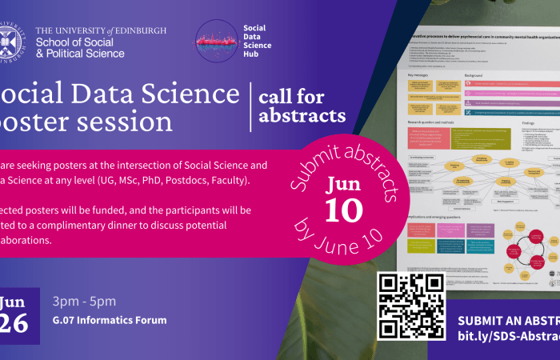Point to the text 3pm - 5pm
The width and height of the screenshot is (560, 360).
[84, 302]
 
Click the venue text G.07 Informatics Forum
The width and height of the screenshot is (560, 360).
[110, 321]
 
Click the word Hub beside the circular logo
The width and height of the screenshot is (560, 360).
[251, 56]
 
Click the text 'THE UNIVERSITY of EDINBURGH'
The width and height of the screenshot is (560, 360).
[102, 30]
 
